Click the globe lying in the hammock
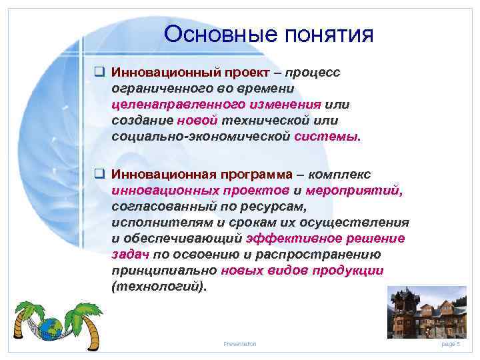(x=51, y=328)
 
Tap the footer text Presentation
(x=239, y=343)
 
